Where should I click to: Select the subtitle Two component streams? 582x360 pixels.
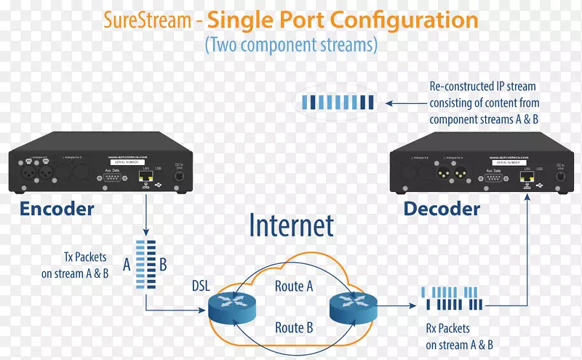(x=291, y=45)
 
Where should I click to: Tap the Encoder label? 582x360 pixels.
(x=57, y=209)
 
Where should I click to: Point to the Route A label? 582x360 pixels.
(x=294, y=287)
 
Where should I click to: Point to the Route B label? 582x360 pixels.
(x=294, y=328)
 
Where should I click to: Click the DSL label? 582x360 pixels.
(x=201, y=287)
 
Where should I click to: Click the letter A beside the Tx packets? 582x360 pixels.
(x=127, y=264)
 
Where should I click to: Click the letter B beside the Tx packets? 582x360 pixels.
(x=163, y=264)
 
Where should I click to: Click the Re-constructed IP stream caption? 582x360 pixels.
(x=484, y=103)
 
